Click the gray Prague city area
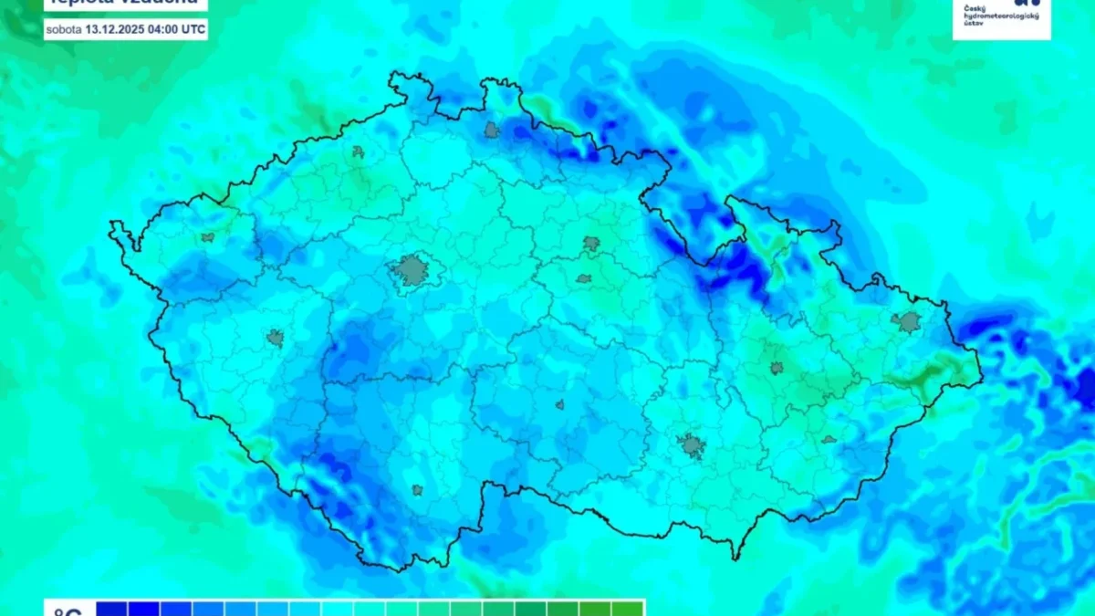[x=412, y=270]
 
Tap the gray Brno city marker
[x=692, y=445]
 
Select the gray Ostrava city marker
[x=909, y=321]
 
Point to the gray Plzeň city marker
[x=276, y=339]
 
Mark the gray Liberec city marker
[x=493, y=130]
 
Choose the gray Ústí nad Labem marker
[x=359, y=152]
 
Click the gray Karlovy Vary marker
[x=208, y=237]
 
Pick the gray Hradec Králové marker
[x=591, y=244]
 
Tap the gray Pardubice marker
[x=584, y=278]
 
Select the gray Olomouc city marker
[x=777, y=368]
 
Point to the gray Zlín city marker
[x=829, y=440]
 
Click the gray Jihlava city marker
[x=559, y=404]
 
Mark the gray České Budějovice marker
[x=417, y=490]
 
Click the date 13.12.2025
[x=115, y=30]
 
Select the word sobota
[x=64, y=30]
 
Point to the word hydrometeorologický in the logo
[x=996, y=15]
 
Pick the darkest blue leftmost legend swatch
[x=111, y=609]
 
